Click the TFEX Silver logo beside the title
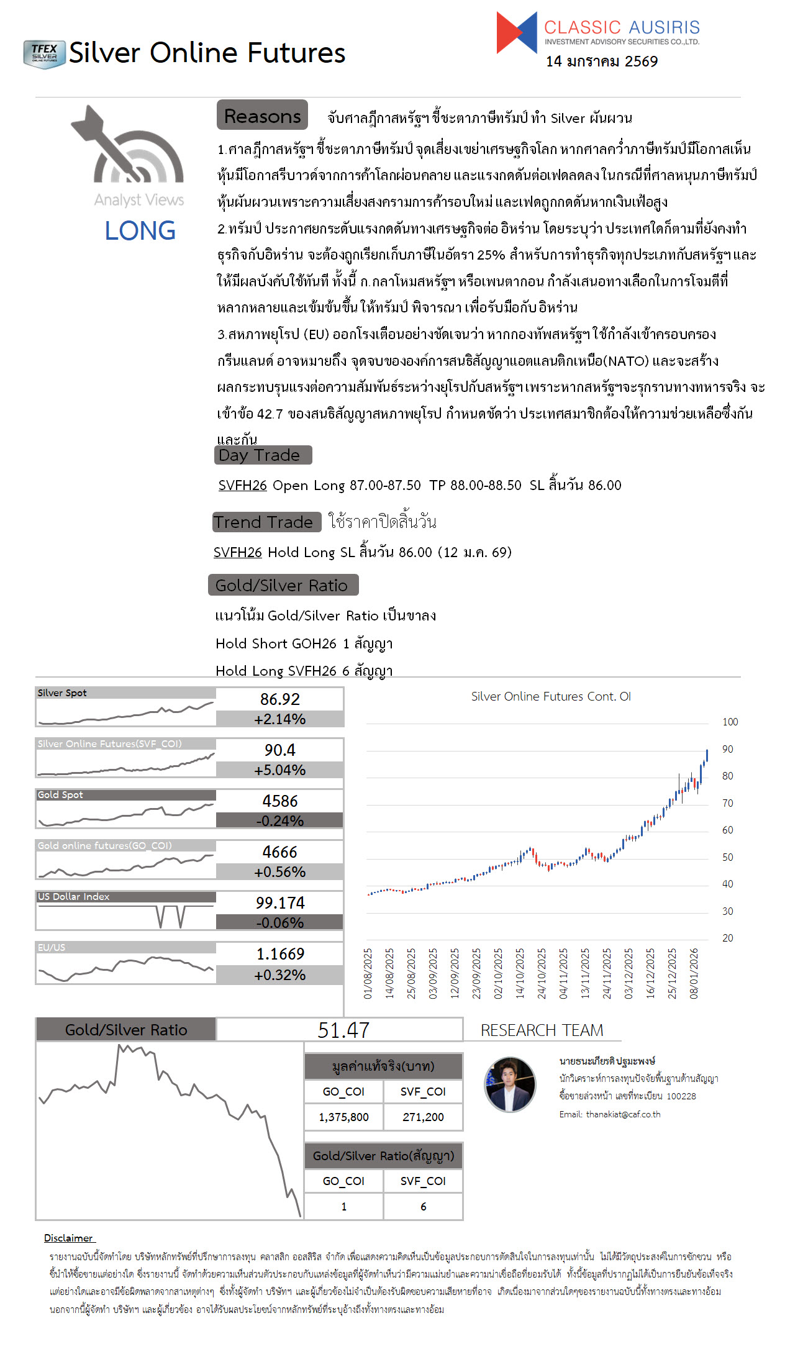click(x=44, y=54)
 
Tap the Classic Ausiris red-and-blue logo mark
click(x=516, y=32)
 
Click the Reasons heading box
click(x=262, y=116)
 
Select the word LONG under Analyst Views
click(x=140, y=231)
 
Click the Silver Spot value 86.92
click(x=279, y=699)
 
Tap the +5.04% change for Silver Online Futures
click(x=279, y=770)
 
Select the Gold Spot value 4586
click(x=279, y=801)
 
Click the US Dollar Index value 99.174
click(x=279, y=903)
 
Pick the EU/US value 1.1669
click(x=279, y=954)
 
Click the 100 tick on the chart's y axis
click(x=730, y=722)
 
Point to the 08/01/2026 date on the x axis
click(x=694, y=973)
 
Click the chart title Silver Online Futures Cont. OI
click(x=551, y=697)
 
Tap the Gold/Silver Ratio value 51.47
click(x=343, y=1030)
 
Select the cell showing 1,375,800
click(x=343, y=1117)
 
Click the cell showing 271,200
click(x=423, y=1117)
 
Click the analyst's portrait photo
click(x=510, y=1084)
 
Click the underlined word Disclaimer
click(x=68, y=1238)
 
